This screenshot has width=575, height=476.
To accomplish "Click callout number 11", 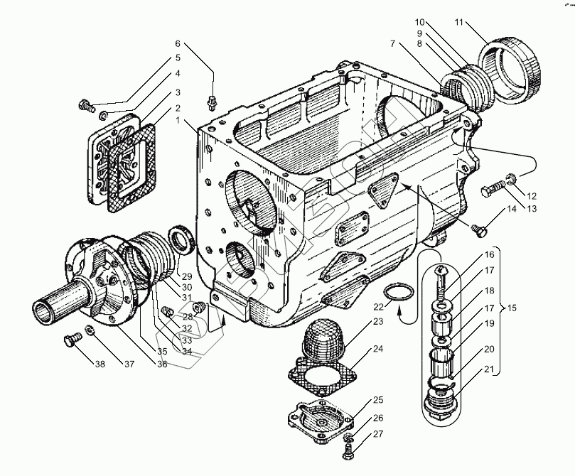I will click(x=459, y=23).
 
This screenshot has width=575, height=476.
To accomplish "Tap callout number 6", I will click(x=178, y=43).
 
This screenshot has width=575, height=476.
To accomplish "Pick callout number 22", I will click(x=378, y=306).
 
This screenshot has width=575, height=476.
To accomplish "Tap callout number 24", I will click(x=377, y=349).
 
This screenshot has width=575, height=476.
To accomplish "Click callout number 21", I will click(x=489, y=369).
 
